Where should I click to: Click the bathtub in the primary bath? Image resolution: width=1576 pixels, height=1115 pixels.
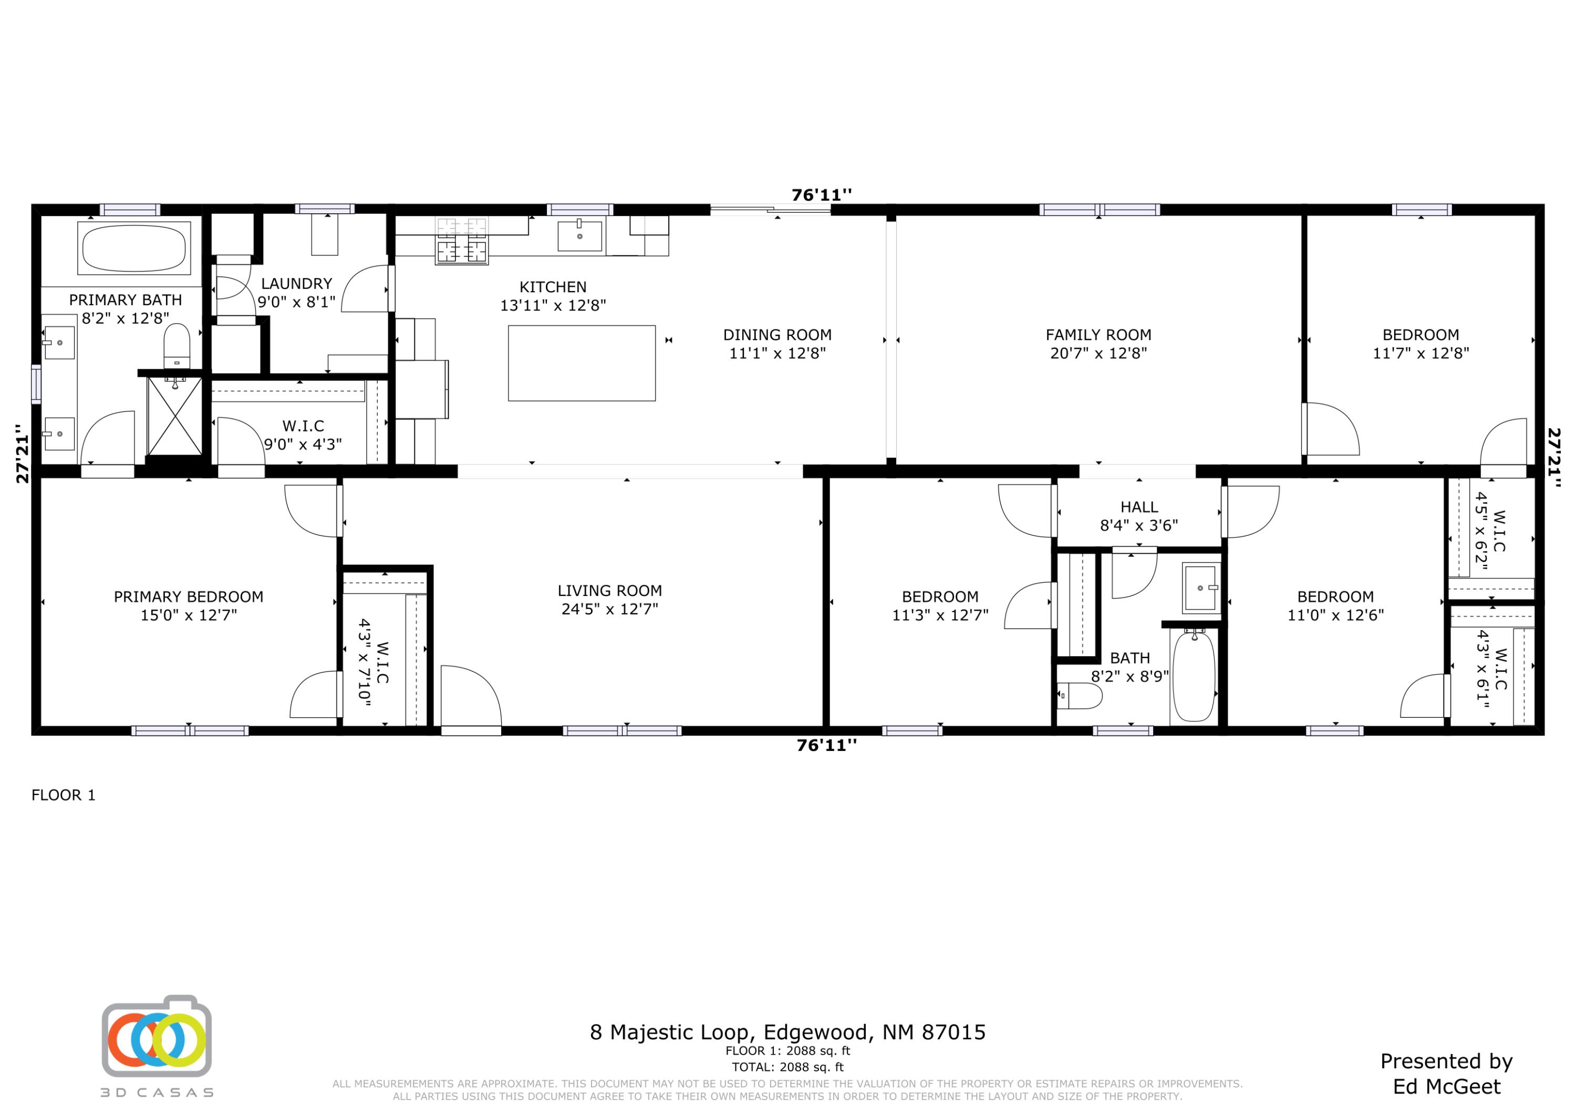point(134,248)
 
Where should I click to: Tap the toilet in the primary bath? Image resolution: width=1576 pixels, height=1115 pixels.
point(177,345)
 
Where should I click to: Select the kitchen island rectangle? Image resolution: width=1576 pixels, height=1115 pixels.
point(582,363)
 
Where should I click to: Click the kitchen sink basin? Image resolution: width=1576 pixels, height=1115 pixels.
point(579,235)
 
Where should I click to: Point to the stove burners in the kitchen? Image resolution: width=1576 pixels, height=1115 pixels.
point(462,241)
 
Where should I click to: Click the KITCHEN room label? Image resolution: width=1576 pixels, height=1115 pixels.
point(553,287)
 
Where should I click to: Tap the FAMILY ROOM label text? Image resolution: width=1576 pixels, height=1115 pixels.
point(1098,335)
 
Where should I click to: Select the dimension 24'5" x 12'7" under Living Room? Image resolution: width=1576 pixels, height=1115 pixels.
point(609,609)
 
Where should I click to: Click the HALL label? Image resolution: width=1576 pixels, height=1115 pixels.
point(1139,508)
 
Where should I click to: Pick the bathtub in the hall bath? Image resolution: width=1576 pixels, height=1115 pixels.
point(1193,676)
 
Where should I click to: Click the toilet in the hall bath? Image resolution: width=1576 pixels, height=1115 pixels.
point(1079,696)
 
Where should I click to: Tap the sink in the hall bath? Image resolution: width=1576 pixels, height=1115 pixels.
point(1200,587)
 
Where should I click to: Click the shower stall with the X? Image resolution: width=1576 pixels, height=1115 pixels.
point(174,416)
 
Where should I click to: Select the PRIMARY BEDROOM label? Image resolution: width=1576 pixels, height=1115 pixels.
point(188,596)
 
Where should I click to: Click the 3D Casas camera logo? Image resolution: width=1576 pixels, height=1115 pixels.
point(157,1036)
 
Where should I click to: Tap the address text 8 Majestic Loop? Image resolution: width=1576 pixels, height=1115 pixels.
point(787,1032)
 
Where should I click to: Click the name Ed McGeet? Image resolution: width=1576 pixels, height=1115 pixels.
point(1446,1087)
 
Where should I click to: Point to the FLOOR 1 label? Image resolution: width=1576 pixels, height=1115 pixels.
point(63,795)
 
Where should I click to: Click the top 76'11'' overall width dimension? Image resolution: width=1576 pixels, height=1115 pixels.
point(821,195)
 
